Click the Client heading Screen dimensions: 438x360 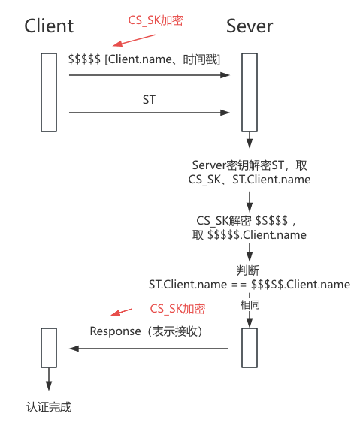coord(49,26)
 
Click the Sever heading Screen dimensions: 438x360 coord(250,26)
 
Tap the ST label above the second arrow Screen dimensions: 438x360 coord(150,100)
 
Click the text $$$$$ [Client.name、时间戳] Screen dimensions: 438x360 coord(144,59)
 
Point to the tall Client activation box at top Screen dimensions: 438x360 coord(49,92)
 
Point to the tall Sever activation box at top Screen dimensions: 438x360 coord(249,92)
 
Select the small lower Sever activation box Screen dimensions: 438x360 coord(249,348)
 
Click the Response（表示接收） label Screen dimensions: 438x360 coord(147,331)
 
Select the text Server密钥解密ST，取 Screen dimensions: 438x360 coord(249,165)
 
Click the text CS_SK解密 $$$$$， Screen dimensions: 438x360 coord(249,220)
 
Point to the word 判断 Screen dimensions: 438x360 coord(249,270)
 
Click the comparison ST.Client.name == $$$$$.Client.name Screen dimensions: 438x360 coord(249,284)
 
